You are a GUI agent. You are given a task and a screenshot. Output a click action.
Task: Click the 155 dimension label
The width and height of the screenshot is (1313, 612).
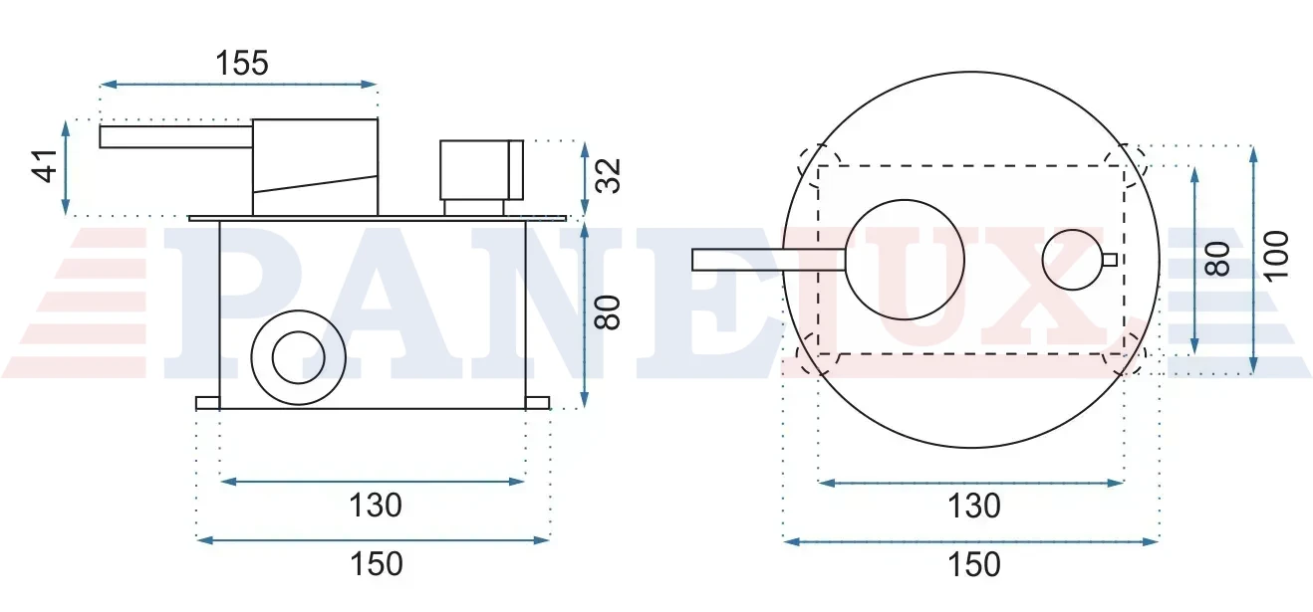[242, 63]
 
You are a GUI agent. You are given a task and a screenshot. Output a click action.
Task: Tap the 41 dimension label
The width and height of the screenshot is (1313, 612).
[45, 166]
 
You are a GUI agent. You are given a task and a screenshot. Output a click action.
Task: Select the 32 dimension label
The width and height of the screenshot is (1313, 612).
[608, 176]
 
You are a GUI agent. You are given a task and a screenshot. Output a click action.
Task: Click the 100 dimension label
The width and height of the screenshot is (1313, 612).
[1276, 256]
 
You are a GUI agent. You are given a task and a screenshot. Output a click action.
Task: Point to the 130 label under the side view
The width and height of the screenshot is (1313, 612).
[376, 505]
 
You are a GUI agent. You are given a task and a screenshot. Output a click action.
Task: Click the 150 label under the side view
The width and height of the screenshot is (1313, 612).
[377, 564]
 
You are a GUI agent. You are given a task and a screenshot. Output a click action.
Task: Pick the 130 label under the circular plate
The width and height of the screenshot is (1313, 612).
[974, 506]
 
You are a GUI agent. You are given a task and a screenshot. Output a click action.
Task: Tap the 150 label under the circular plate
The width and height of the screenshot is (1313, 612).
[974, 564]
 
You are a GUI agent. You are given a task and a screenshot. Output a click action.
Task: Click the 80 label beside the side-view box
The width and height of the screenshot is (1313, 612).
[608, 312]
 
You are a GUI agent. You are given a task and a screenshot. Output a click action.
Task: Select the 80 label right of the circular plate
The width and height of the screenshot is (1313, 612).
[1217, 259]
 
